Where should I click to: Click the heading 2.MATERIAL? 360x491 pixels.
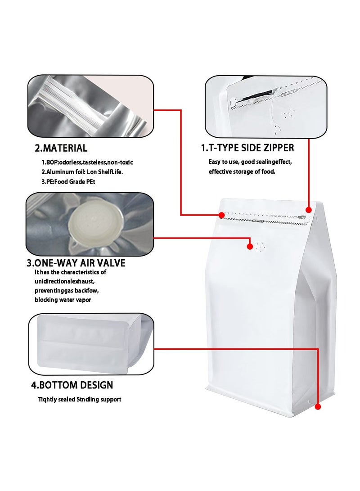pyautogui.click(x=61, y=148)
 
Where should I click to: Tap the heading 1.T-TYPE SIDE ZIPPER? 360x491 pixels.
pyautogui.click(x=247, y=148)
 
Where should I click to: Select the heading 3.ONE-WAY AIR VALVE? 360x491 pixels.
pyautogui.click(x=76, y=263)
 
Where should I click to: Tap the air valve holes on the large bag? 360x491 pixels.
pyautogui.click(x=261, y=246)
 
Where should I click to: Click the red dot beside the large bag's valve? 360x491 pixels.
pyautogui.click(x=250, y=246)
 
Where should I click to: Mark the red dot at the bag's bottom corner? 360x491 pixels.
pyautogui.click(x=318, y=407)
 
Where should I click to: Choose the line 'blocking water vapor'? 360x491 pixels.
pyautogui.click(x=63, y=300)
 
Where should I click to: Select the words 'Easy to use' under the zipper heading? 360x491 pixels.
pyautogui.click(x=222, y=162)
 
